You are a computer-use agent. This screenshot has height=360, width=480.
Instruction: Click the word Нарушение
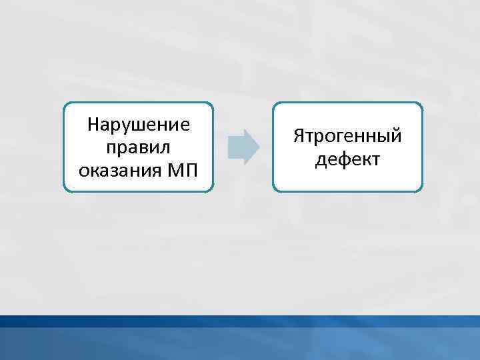point(139,125)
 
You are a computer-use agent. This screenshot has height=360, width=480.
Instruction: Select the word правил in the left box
point(139,147)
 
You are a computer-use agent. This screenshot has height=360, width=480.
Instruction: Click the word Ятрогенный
point(347,137)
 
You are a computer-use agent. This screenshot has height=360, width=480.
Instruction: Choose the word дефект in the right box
point(347,159)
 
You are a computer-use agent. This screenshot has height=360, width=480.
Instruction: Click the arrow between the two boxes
point(243,147)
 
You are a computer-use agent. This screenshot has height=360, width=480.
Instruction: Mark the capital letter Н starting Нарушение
point(94,124)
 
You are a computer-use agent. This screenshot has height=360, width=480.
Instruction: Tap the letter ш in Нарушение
point(139,125)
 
